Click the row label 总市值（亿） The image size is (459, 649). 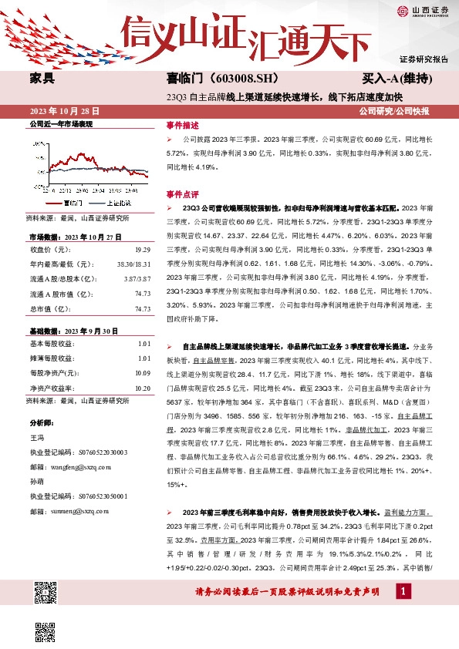tap(50, 308)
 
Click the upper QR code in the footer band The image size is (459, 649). tap(46, 593)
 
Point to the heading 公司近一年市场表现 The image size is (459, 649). tap(61, 123)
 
